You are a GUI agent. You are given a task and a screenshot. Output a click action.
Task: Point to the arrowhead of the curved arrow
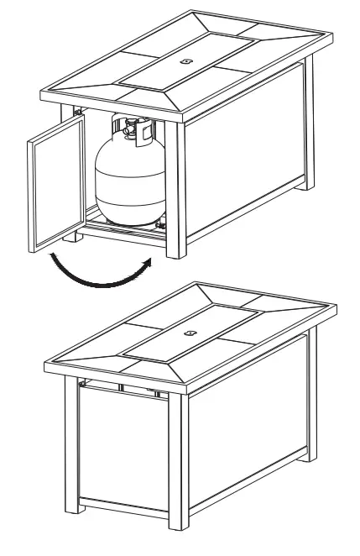click(150, 262)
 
